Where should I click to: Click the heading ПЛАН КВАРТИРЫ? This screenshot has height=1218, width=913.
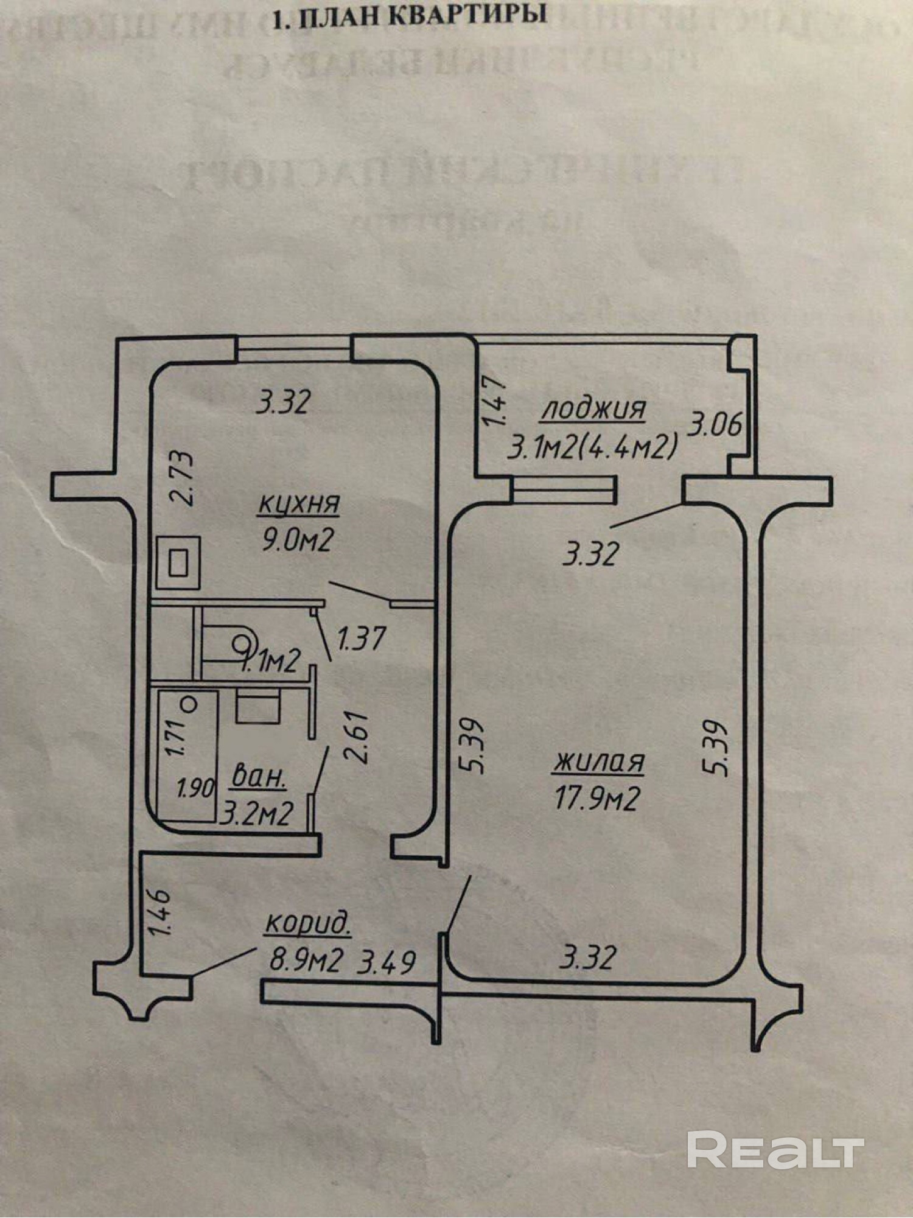408,16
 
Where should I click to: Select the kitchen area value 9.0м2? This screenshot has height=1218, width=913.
297,540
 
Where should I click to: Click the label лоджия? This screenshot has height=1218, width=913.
593,408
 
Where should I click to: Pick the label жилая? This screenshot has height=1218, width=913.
598,762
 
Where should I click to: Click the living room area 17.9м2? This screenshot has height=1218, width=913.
596,799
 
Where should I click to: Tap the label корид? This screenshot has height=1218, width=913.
307,923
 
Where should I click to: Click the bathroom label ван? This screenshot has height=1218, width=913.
259,779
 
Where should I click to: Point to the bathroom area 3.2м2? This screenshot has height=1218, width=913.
256,813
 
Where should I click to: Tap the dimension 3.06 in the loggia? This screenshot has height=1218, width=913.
715,424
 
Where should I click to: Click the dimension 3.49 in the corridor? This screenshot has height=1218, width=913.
388,962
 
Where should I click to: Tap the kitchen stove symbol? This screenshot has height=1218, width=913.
178,562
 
